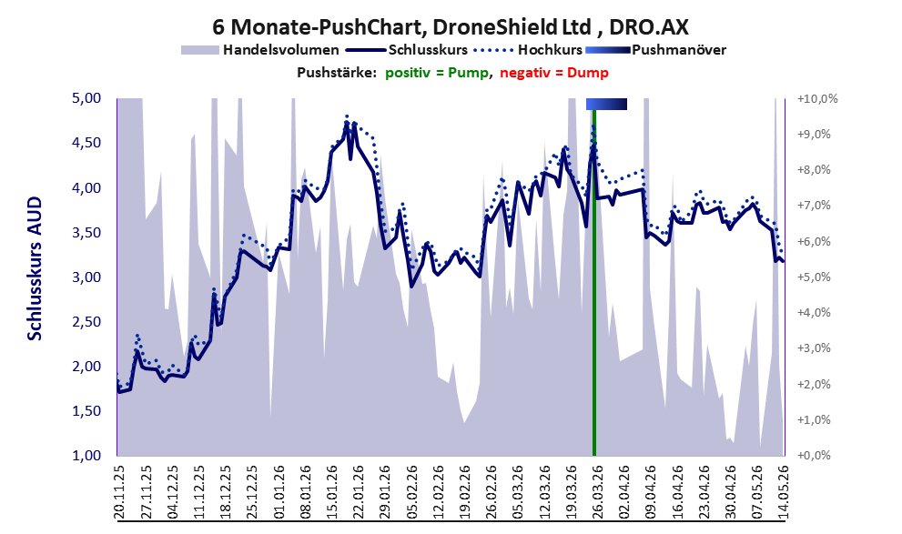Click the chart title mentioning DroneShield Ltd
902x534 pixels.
451,26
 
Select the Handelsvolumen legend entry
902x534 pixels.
260,50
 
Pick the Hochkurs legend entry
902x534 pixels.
528,50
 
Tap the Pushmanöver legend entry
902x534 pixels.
655,50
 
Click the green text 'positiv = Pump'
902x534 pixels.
436,73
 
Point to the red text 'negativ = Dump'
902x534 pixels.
554,73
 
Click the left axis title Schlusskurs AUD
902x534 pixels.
35,268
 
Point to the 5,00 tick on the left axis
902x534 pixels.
86,98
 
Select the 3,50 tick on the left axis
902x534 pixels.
86,233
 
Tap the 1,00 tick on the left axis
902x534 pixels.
86,455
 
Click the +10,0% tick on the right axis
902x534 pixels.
816,99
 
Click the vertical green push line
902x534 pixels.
594,282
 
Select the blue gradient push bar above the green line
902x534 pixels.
606,104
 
